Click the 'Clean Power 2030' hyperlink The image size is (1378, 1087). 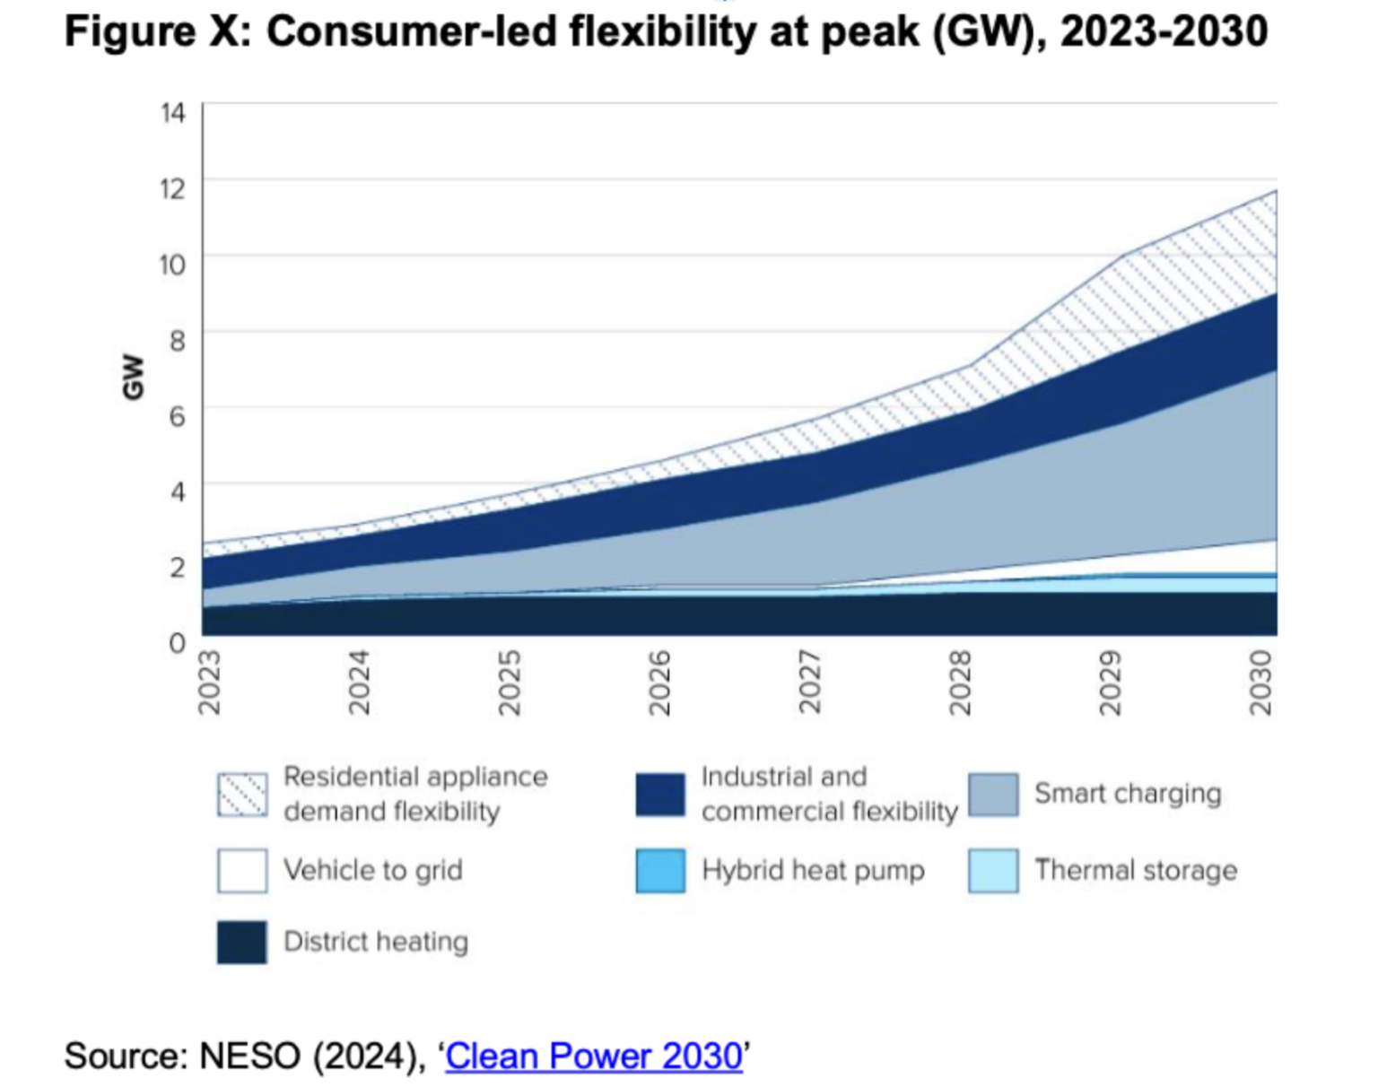594,1056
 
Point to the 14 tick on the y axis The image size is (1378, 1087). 173,113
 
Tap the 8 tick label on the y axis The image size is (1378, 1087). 177,340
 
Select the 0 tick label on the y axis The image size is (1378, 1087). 177,643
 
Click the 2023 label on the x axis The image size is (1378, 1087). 209,683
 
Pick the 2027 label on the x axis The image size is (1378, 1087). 810,683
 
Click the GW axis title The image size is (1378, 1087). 133,377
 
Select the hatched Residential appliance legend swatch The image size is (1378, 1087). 242,795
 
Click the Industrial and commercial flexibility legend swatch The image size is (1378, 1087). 660,795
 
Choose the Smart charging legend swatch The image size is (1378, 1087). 993,795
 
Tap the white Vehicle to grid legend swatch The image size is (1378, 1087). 242,871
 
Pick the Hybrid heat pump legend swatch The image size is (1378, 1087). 660,871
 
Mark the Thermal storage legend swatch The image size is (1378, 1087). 993,871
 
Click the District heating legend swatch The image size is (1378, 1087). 242,942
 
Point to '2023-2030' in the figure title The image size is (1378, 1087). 1164,32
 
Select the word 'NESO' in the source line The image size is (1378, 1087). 249,1056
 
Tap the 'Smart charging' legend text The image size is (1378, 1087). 1128,794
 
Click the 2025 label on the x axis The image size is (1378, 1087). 510,683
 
